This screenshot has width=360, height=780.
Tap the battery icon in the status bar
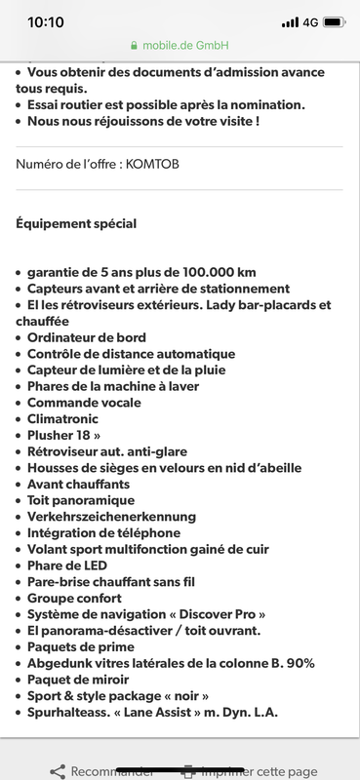335,21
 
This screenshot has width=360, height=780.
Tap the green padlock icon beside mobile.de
133,46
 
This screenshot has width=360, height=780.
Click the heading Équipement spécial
76,223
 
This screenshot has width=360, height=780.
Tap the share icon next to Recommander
58,771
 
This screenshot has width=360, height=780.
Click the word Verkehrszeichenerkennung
111,516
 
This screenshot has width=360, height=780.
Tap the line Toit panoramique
81,500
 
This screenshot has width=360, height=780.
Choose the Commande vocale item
84,403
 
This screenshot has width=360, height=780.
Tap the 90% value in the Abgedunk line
301,663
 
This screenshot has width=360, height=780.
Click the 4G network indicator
310,21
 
